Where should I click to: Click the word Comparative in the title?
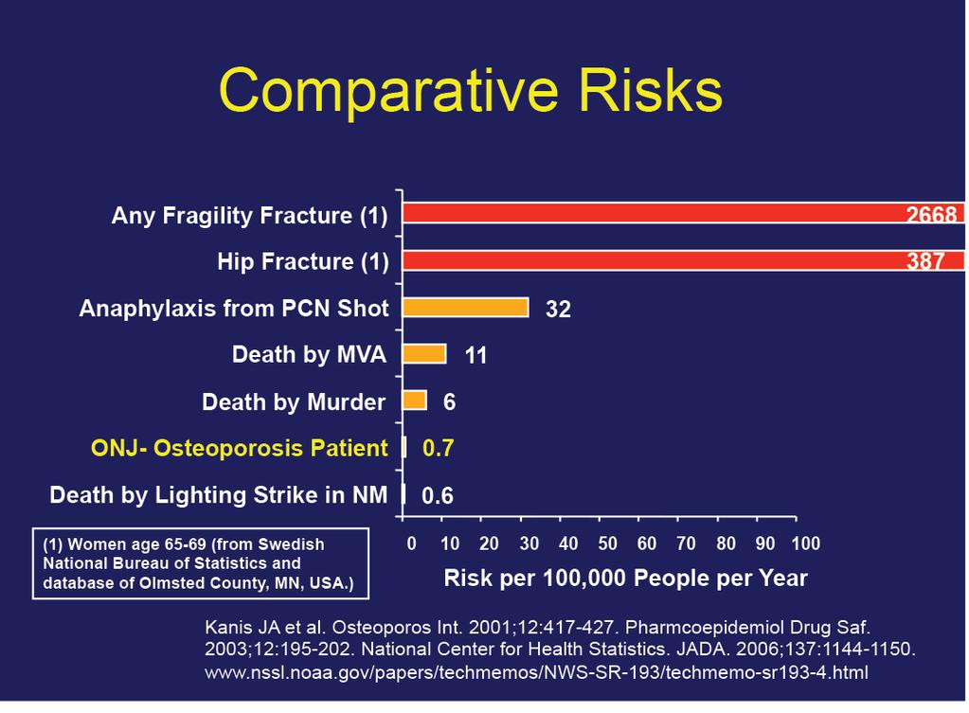(x=388, y=91)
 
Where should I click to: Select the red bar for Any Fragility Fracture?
(x=684, y=213)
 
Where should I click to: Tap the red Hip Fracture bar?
(x=684, y=260)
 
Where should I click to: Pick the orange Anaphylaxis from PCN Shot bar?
(x=466, y=307)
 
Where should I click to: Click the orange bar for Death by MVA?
(x=424, y=354)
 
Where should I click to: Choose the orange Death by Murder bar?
(x=415, y=400)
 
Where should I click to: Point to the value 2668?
(x=931, y=214)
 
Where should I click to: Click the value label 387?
(x=925, y=260)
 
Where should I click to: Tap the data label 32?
(x=558, y=309)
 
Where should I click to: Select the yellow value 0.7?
(x=439, y=448)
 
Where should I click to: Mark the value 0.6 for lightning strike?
(x=438, y=495)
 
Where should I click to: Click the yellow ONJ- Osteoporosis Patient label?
(x=239, y=448)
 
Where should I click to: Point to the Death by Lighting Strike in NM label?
(x=219, y=495)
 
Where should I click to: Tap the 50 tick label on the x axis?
(x=607, y=544)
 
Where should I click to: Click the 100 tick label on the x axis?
(x=806, y=544)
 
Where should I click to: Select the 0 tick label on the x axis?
(x=412, y=544)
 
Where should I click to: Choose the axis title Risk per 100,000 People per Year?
(x=625, y=579)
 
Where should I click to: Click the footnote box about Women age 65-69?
(x=201, y=563)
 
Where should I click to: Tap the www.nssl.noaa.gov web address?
(x=536, y=672)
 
